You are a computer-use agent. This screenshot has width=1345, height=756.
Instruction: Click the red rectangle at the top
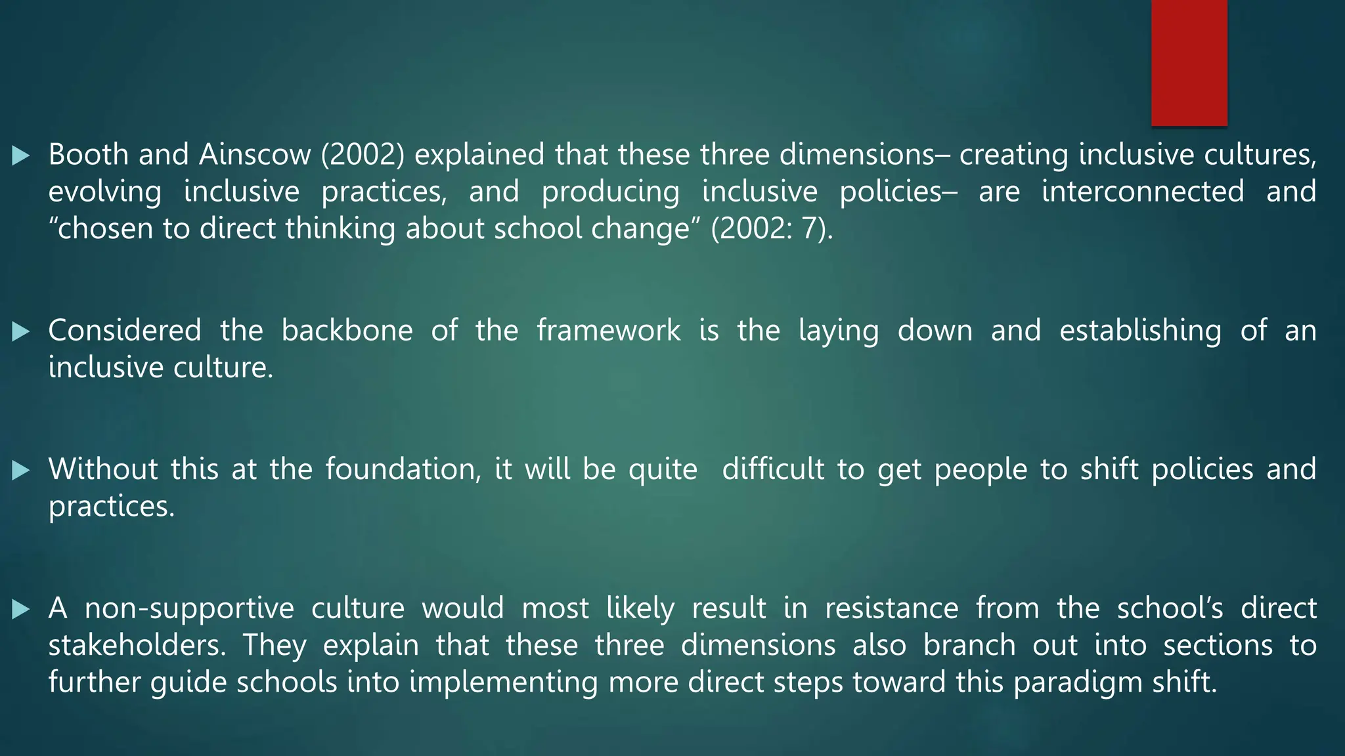click(1189, 62)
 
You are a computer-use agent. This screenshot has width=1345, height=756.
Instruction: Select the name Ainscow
click(255, 155)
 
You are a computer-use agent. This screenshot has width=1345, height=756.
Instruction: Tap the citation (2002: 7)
click(772, 228)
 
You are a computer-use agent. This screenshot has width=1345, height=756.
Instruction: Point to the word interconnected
click(1143, 192)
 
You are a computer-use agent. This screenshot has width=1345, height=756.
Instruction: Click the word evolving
click(105, 192)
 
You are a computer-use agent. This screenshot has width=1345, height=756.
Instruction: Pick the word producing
click(610, 192)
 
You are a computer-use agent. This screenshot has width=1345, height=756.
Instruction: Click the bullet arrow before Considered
click(21, 331)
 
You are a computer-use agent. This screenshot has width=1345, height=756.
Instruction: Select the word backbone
click(347, 330)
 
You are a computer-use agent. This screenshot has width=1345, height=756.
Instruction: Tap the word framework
click(608, 330)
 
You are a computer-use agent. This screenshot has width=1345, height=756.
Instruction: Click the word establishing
click(1140, 330)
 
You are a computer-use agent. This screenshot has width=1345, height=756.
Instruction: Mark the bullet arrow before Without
click(21, 470)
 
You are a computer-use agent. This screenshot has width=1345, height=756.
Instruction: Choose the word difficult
click(772, 469)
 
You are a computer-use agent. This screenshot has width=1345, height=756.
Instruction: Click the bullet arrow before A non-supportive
click(21, 610)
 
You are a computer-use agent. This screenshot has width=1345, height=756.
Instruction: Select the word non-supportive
click(189, 608)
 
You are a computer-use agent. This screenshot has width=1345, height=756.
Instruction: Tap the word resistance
click(891, 608)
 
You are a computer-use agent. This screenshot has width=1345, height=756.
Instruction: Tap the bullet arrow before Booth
click(21, 156)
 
